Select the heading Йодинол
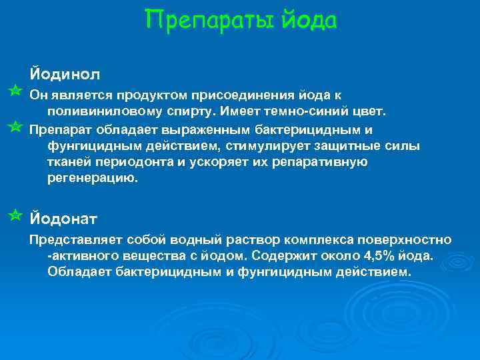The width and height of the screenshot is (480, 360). coord(64,71)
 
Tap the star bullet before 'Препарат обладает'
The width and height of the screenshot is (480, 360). coord(16,126)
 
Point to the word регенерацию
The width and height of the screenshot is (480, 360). coord(93,179)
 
